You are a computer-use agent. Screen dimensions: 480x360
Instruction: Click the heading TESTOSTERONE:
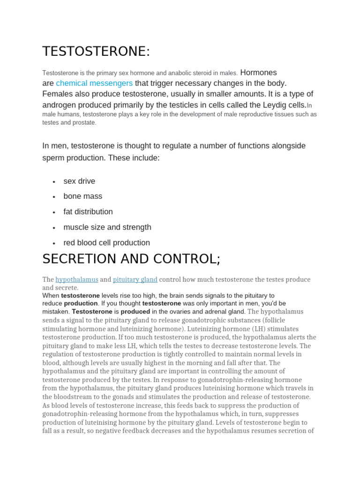(x=96, y=52)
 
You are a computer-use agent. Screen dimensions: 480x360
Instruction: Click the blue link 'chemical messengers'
(x=94, y=83)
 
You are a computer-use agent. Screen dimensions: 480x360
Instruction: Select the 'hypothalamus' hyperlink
(x=77, y=279)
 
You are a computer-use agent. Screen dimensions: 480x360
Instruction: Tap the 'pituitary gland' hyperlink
(x=135, y=279)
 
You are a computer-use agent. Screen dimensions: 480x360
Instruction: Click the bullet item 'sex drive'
(x=79, y=181)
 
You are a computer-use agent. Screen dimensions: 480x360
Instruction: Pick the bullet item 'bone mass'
(x=82, y=196)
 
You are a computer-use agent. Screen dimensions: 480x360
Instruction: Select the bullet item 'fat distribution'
(x=88, y=212)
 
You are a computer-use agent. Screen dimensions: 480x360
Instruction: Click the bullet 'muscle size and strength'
(x=107, y=227)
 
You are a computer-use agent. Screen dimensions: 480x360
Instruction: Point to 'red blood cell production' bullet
(x=107, y=243)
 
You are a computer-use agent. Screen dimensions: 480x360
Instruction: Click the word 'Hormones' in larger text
(x=258, y=73)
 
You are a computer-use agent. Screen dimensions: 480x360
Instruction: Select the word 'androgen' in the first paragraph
(x=59, y=105)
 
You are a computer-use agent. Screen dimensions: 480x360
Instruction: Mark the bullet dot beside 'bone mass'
(x=54, y=197)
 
